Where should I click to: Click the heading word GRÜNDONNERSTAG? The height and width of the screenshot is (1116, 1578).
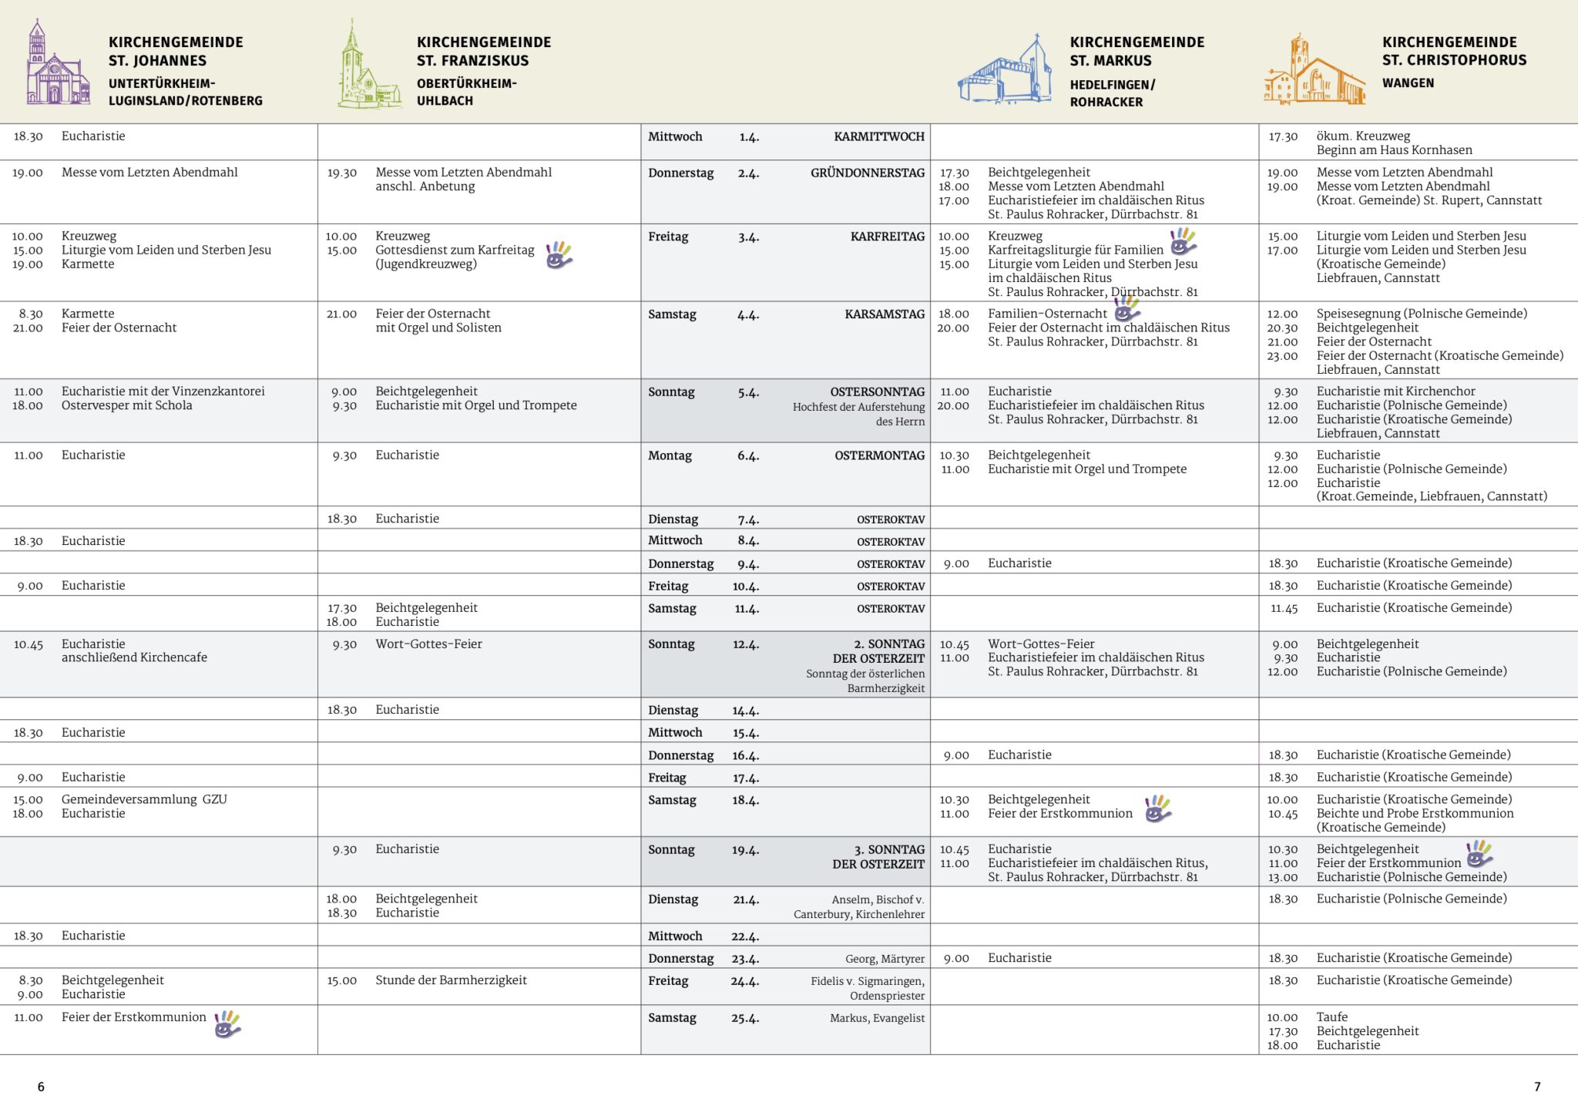(867, 173)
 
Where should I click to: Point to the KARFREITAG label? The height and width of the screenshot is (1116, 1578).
(887, 237)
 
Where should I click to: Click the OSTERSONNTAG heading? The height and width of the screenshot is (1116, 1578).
(877, 392)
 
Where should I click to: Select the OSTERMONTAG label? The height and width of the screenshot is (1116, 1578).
(879, 455)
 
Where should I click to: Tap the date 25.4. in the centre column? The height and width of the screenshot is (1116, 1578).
(745, 1018)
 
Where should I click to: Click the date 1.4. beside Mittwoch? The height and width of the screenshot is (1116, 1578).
(749, 137)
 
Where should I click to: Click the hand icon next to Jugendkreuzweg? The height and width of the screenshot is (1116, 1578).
(559, 255)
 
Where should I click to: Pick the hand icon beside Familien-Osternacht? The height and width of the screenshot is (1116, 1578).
(1126, 309)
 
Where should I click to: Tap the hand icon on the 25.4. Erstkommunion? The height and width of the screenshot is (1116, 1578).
(227, 1024)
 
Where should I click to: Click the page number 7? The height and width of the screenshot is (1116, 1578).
(1537, 1087)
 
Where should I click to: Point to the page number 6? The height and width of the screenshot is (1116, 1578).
(41, 1087)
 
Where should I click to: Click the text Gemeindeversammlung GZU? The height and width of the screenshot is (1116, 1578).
(144, 799)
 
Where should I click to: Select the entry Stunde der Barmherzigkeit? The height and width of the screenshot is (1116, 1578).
(451, 980)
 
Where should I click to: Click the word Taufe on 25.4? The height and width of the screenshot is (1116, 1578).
(1332, 1017)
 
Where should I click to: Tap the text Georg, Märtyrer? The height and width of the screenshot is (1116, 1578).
(885, 959)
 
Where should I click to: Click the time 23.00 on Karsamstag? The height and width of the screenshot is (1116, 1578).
(1282, 356)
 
